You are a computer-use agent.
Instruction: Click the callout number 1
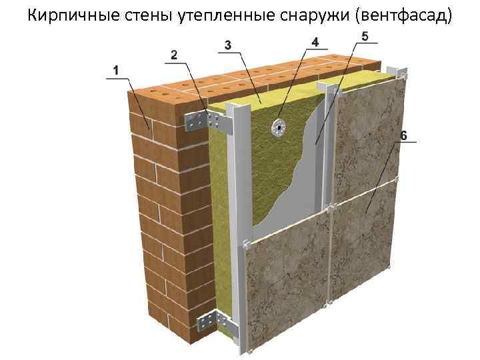(115, 69)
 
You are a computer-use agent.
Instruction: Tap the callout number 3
(228, 45)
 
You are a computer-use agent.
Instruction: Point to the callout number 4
(315, 42)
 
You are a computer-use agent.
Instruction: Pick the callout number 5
(364, 35)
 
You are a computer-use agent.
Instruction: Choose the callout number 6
(403, 136)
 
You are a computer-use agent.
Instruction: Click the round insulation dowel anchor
(278, 126)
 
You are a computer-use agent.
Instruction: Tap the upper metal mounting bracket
(203, 121)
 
